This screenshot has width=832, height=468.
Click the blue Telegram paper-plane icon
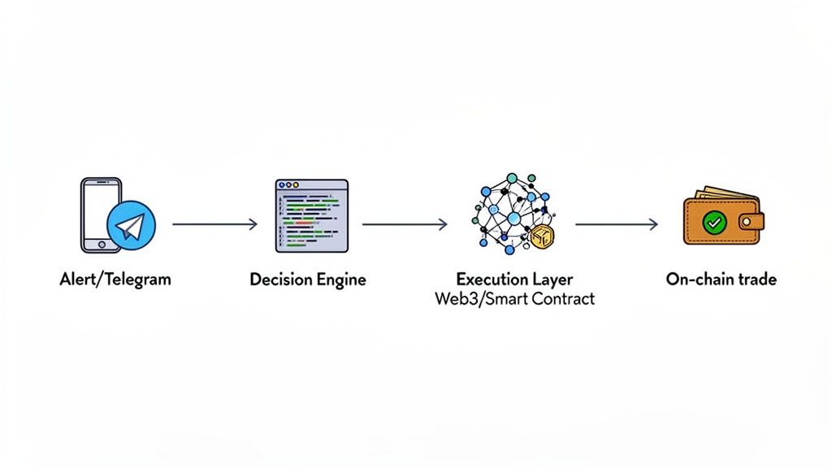tap(130, 224)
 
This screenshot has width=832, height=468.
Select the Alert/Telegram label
tap(115, 279)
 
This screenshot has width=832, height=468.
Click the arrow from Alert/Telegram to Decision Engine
tap(214, 224)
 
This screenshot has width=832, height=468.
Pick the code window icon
tap(311, 216)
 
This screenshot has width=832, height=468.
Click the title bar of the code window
tap(311, 185)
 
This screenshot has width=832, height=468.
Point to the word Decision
tap(281, 279)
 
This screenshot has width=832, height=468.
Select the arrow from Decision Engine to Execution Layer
tap(404, 224)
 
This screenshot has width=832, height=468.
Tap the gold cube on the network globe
tap(541, 236)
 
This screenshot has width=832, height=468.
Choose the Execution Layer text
tap(513, 279)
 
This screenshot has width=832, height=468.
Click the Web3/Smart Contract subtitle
tap(513, 299)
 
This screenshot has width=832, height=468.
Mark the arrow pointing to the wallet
tap(615, 224)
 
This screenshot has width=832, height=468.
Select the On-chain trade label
tap(721, 279)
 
